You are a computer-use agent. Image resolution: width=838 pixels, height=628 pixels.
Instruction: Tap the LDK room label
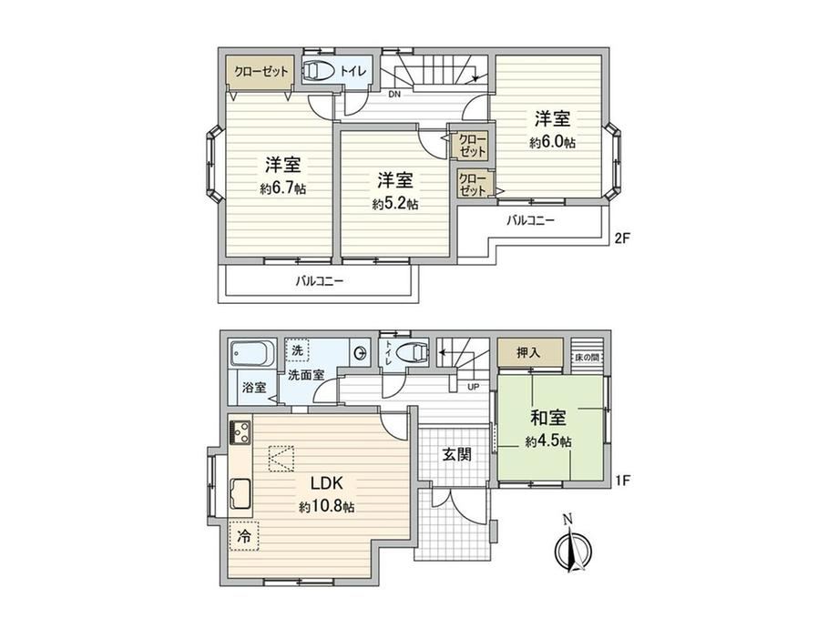pos(326,483)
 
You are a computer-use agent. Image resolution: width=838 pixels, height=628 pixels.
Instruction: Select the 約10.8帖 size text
pos(326,507)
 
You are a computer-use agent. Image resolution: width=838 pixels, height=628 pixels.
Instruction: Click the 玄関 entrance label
pos(457,454)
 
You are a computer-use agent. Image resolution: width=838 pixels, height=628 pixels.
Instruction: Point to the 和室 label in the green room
pos(548,418)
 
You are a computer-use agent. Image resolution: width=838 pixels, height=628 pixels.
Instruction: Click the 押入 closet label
pos(528,352)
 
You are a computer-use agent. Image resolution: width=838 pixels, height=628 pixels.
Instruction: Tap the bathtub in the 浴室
pos(253,354)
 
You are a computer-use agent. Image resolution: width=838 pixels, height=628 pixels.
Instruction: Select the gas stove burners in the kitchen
pos(240,432)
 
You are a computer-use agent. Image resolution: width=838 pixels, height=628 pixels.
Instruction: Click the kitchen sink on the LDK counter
pos(240,494)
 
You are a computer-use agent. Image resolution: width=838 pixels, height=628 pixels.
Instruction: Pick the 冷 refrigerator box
pos(244,535)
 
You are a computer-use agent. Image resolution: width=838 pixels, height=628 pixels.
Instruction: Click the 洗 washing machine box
pos(298,350)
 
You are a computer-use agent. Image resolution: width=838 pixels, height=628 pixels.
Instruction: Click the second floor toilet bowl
pos(319,70)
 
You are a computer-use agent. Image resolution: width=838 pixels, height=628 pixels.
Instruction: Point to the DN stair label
pos(394,95)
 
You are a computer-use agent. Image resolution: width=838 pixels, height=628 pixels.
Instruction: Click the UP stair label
pos(474,386)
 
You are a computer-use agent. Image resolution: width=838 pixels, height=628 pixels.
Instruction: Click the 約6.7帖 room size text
pos(283,188)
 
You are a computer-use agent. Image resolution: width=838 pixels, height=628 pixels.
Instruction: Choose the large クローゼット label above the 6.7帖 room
pos(261,71)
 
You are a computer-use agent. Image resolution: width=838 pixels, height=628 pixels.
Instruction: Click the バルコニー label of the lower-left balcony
pos(320,280)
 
